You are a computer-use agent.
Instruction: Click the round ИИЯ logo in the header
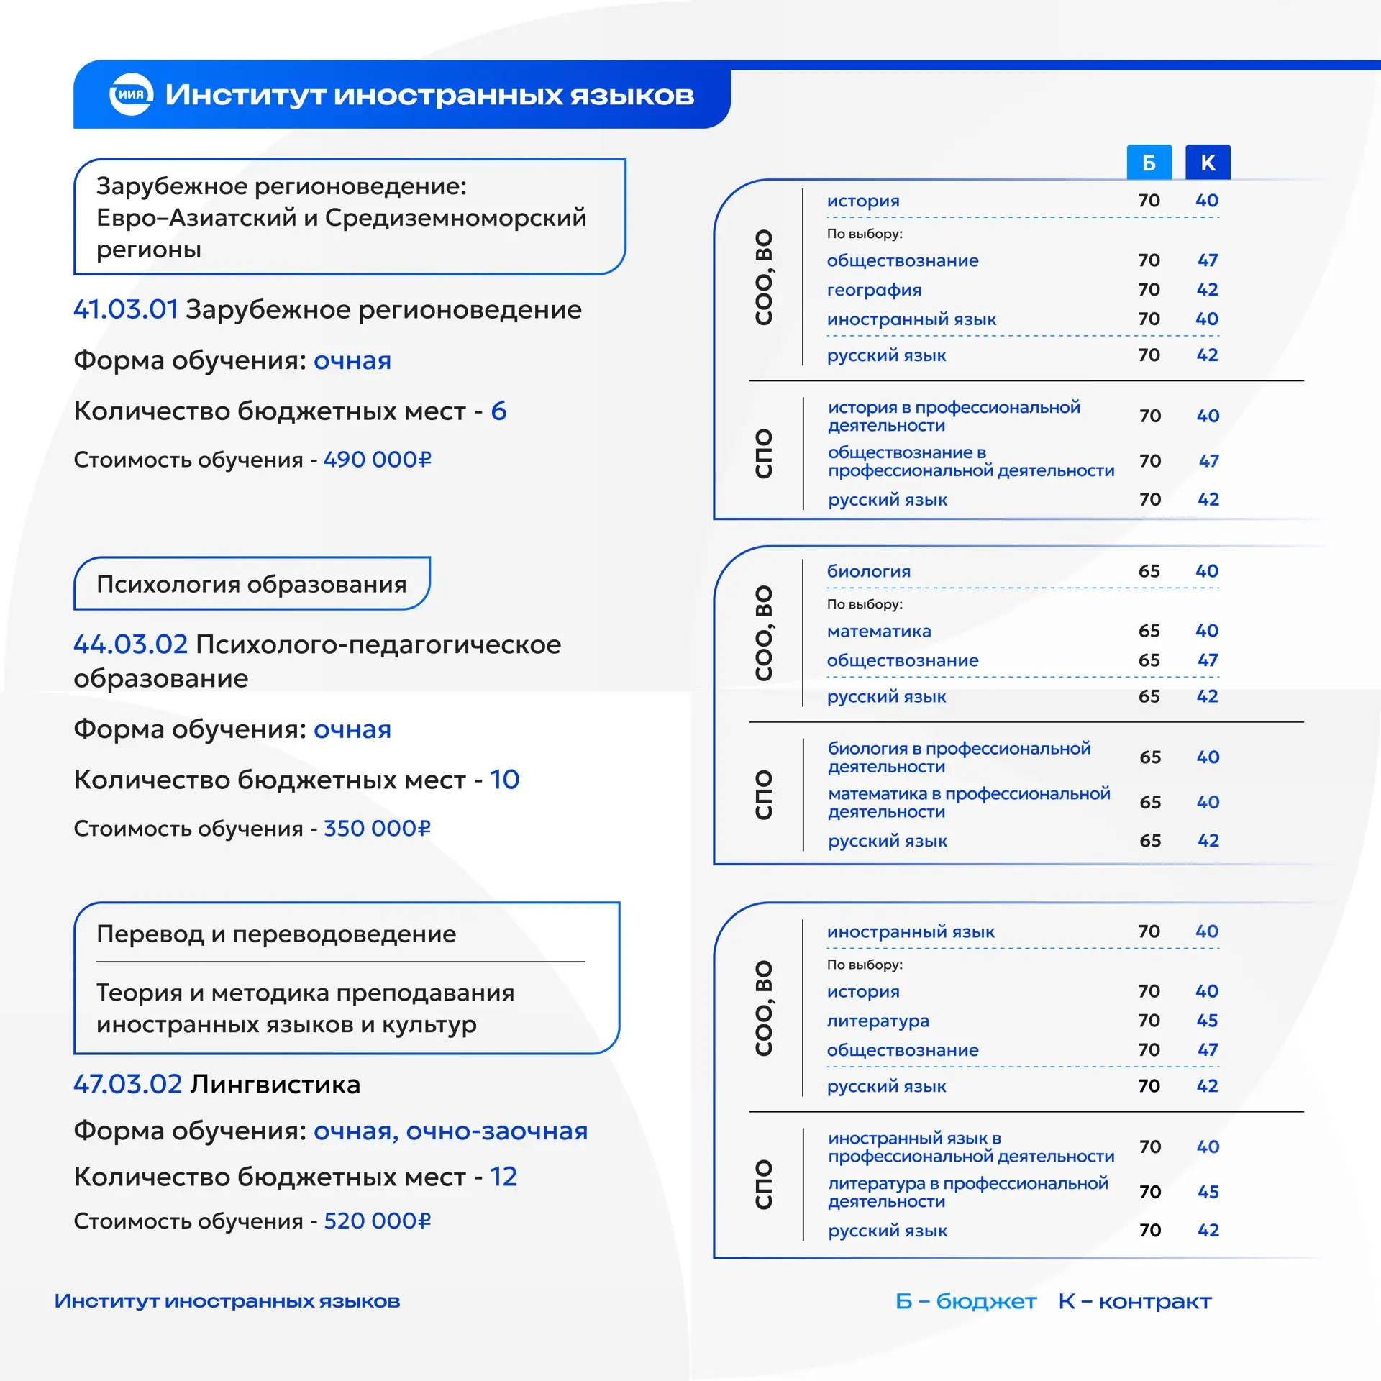(x=131, y=94)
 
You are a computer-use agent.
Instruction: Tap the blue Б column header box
(x=1149, y=163)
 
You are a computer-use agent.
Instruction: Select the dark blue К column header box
(x=1208, y=163)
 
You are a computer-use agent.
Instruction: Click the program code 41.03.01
(x=126, y=309)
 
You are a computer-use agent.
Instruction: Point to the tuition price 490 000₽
(x=378, y=459)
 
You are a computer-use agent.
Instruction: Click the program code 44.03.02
(x=131, y=644)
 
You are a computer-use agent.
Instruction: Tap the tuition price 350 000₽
(x=378, y=828)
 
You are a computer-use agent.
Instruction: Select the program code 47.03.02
(x=128, y=1084)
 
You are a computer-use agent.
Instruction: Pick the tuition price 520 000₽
(x=378, y=1221)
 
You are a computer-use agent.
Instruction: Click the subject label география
(x=874, y=290)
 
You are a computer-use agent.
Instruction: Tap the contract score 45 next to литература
(x=1207, y=1021)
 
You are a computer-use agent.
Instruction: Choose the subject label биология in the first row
(x=869, y=571)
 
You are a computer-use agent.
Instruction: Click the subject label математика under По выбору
(x=879, y=631)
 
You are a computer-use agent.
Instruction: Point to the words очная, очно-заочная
(x=450, y=1131)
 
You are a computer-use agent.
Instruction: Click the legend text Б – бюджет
(x=966, y=1301)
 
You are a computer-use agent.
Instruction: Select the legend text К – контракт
(x=1135, y=1301)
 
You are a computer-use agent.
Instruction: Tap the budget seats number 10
(x=504, y=780)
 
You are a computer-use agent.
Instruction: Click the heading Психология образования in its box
(x=252, y=584)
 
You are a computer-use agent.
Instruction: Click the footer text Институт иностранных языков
(x=227, y=1301)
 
